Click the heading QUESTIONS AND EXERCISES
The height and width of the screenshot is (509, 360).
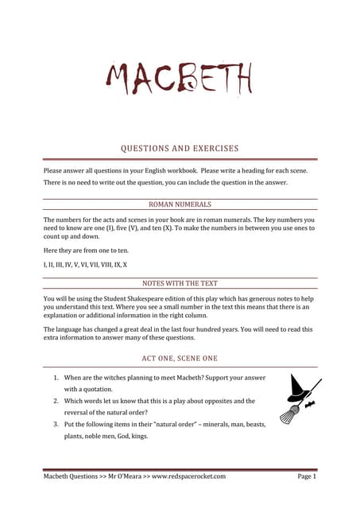[180, 148]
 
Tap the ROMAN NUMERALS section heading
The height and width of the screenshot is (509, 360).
[180, 204]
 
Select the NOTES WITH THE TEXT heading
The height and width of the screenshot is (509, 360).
[180, 282]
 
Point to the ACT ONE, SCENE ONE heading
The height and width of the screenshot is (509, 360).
[180, 359]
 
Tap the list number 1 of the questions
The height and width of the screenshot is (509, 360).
[55, 377]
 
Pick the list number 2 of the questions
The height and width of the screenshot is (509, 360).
[55, 402]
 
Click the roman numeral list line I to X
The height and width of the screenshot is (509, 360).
[85, 263]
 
